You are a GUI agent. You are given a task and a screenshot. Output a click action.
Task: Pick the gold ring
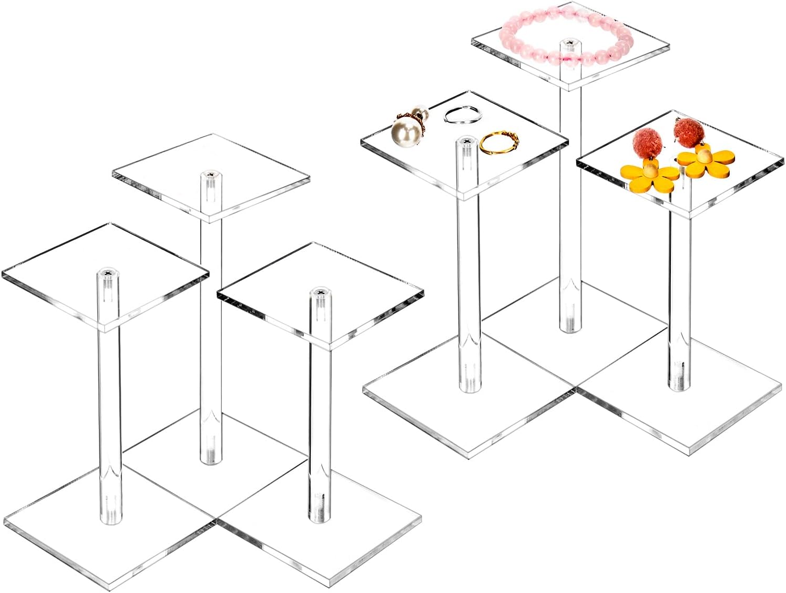pyautogui.click(x=498, y=142)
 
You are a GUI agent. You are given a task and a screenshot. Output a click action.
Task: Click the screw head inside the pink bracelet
pyautogui.click(x=568, y=42)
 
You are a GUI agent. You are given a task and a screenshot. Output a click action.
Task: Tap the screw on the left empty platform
pyautogui.click(x=107, y=273)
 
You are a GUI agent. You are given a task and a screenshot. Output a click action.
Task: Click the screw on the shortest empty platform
pyautogui.click(x=319, y=292)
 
